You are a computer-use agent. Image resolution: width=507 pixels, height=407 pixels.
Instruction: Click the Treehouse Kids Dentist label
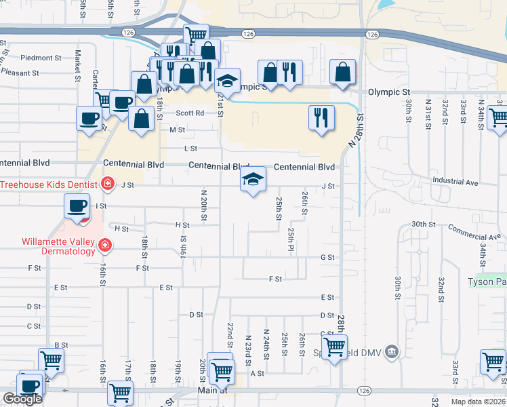pos(47,184)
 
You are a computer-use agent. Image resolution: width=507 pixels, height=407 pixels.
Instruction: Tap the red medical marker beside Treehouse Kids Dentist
pos(106,183)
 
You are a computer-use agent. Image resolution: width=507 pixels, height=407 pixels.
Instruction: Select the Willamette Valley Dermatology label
pos(58,246)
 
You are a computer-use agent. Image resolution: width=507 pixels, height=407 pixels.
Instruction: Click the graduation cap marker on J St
pos(253,180)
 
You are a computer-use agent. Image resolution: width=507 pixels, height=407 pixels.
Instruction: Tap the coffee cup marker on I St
pos(77,206)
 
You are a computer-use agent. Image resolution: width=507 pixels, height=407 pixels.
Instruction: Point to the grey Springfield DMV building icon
pos(391,351)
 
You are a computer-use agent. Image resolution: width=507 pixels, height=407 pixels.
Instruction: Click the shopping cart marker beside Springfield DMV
pos(334,347)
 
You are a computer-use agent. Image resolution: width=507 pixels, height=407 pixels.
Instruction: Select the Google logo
pos(22,399)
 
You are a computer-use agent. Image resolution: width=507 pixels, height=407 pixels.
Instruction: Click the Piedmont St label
pos(41,58)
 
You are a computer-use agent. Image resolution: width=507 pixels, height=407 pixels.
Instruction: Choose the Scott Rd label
pos(190,114)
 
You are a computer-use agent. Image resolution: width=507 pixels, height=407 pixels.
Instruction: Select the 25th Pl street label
pos(290,240)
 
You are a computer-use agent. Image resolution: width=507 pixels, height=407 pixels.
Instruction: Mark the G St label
pos(327,258)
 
